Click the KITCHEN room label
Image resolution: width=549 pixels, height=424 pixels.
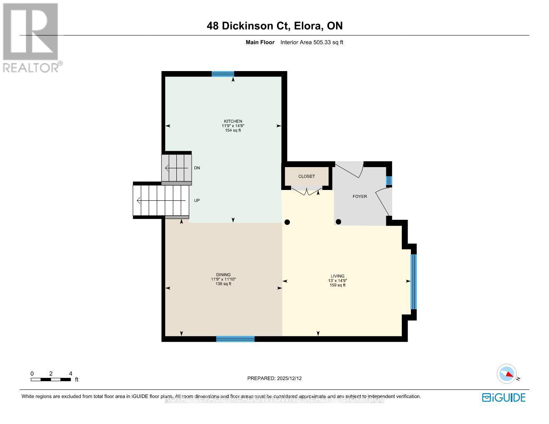(232, 121)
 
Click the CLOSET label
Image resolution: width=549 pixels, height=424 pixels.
(307, 176)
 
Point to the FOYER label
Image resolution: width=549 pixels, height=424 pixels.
(360, 196)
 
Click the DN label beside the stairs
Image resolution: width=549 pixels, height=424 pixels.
(197, 168)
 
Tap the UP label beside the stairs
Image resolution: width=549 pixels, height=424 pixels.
(197, 200)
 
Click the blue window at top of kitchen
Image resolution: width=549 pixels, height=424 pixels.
(223, 74)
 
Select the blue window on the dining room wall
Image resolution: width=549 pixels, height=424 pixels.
(235, 339)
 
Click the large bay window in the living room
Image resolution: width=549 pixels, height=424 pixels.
(413, 282)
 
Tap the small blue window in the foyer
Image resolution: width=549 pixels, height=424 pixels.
(389, 181)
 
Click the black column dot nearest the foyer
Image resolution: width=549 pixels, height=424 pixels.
(339, 222)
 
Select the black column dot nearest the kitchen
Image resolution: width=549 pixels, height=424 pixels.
(287, 222)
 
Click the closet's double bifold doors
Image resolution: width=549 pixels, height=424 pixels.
(307, 191)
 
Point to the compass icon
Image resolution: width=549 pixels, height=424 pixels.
(507, 374)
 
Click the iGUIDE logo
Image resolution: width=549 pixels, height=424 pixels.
(504, 397)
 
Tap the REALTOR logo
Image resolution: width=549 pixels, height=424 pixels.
(31, 37)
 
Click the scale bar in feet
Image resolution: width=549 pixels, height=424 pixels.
(51, 379)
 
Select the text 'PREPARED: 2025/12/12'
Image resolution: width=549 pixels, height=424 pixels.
(274, 378)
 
